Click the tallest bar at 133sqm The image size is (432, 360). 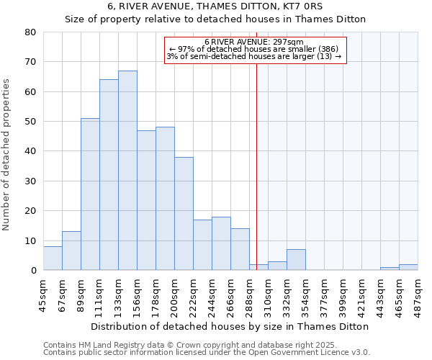click(127, 171)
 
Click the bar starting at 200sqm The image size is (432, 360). click(184, 214)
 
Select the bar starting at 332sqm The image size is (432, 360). click(296, 260)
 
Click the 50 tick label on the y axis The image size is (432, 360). click(31, 122)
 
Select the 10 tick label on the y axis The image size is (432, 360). click(31, 241)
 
